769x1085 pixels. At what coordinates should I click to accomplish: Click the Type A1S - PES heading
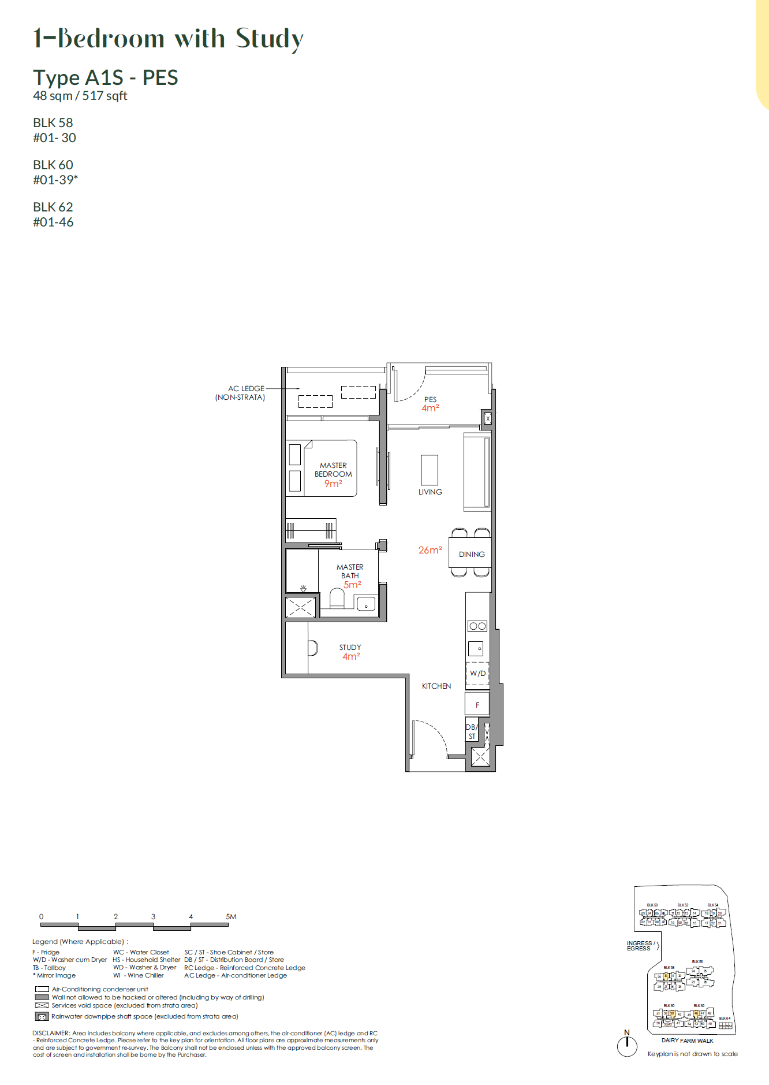click(x=106, y=77)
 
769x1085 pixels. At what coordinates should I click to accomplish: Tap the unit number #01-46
click(x=53, y=222)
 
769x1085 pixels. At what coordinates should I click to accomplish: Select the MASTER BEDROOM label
click(x=333, y=470)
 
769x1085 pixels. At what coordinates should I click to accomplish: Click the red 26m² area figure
click(x=430, y=550)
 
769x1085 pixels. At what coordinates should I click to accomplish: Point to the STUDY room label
click(x=350, y=647)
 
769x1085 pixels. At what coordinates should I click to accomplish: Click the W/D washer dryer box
click(x=477, y=674)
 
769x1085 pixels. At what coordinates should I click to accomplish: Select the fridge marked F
click(x=477, y=704)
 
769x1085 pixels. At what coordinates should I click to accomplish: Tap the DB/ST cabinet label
click(x=471, y=731)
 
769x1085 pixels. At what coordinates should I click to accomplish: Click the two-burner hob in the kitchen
click(x=477, y=626)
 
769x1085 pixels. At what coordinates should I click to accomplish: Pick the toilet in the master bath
click(x=337, y=599)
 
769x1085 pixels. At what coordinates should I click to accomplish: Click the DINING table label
click(x=472, y=554)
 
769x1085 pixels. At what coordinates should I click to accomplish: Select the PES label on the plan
click(x=431, y=399)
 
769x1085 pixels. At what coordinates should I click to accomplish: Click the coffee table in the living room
click(x=430, y=470)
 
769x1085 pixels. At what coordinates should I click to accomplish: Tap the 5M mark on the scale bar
click(x=231, y=916)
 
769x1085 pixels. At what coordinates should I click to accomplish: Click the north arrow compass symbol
click(x=627, y=1045)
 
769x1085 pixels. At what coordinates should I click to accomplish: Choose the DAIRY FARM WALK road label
click(x=687, y=1041)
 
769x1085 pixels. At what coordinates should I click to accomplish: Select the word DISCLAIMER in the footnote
click(x=51, y=1033)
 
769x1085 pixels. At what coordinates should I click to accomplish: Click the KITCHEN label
click(x=436, y=686)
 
